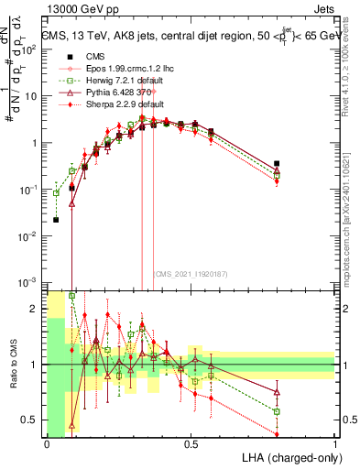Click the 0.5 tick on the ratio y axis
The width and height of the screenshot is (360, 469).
31,420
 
